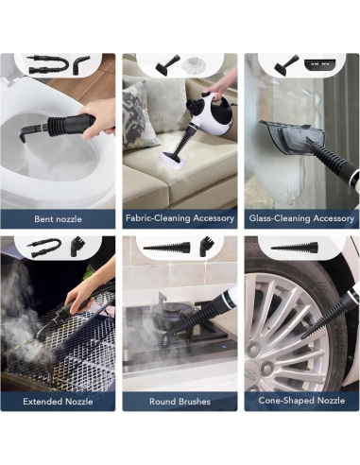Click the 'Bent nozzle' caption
click(x=58, y=219)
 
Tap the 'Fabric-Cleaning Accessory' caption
click(x=180, y=218)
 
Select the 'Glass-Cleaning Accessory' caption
click(x=301, y=218)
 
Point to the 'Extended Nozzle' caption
click(x=58, y=402)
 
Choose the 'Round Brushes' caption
click(x=180, y=402)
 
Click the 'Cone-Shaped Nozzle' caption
click(x=301, y=401)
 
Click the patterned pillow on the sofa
click(x=139, y=115)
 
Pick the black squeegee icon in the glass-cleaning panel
click(x=286, y=65)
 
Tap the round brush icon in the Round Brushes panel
click(x=205, y=246)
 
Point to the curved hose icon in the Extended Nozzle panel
click(x=46, y=248)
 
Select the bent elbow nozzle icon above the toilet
click(x=81, y=65)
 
